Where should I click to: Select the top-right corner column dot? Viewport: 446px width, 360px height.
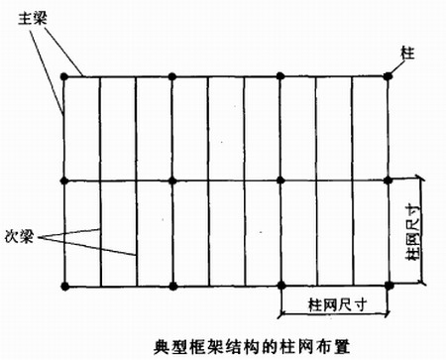(388, 75)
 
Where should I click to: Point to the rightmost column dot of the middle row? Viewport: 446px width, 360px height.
(388, 180)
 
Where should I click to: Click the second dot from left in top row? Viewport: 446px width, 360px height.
(172, 75)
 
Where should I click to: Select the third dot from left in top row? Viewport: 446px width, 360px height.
(280, 75)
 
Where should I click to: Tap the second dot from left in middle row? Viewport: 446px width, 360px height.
(172, 180)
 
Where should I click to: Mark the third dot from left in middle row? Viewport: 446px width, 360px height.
(280, 180)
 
